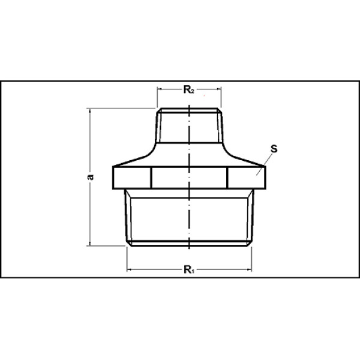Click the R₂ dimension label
(188, 91)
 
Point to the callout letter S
(274, 147)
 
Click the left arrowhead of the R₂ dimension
(160, 91)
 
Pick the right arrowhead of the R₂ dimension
(219, 91)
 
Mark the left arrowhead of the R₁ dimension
(129, 270)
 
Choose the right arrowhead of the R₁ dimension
(250, 270)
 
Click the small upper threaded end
(190, 126)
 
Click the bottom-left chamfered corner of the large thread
(128, 242)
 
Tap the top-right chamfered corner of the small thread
(220, 111)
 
